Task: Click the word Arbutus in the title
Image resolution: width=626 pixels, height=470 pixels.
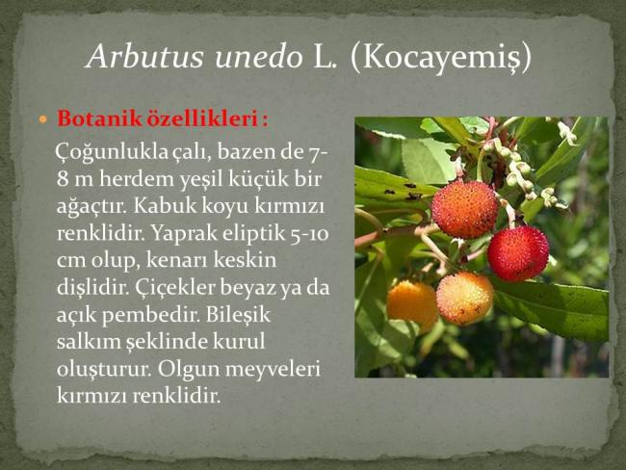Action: tap(145, 56)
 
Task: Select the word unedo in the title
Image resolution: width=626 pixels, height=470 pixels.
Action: tap(258, 57)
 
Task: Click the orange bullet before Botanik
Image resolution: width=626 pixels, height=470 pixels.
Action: tap(43, 119)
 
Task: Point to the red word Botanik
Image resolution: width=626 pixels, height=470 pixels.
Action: tap(99, 118)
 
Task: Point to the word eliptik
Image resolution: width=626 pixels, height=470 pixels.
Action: tap(252, 234)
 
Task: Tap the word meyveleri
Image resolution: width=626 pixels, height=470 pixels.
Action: tap(273, 370)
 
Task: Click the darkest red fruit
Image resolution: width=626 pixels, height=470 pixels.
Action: tap(518, 252)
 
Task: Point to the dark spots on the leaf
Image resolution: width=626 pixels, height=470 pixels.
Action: tap(406, 191)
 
